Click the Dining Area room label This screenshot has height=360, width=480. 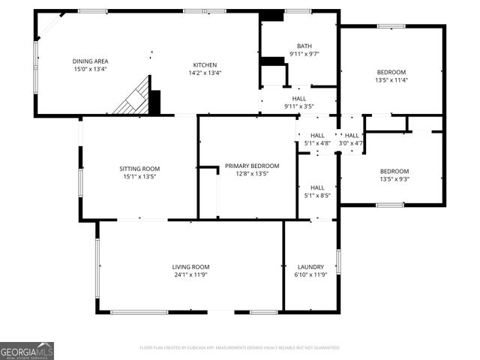click(89, 61)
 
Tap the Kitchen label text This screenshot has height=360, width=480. click(205, 65)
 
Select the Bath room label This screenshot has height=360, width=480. click(304, 46)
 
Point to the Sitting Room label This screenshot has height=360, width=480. click(140, 169)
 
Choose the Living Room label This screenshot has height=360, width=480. click(190, 267)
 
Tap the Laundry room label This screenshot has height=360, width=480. click(310, 267)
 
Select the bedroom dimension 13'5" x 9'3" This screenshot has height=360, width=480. click(394, 179)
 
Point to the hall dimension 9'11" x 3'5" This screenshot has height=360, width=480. click(298, 106)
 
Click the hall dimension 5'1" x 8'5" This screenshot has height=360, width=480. click(317, 196)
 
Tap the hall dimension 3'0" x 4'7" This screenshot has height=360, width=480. click(351, 143)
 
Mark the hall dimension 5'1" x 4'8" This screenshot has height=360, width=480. click(317, 143)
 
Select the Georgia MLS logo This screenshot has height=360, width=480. click(27, 351)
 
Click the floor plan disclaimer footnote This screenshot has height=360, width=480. click(240, 348)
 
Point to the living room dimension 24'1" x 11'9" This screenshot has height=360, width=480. click(190, 275)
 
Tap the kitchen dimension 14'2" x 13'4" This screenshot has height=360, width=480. click(205, 73)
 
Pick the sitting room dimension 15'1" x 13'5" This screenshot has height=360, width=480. click(140, 177)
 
